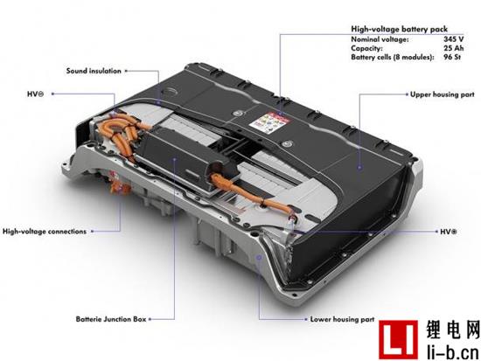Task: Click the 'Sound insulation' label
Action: (x=94, y=71)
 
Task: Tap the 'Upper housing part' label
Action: (x=442, y=94)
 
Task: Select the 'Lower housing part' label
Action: (x=342, y=319)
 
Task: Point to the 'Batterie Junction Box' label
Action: (x=111, y=319)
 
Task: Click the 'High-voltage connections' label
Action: (x=45, y=232)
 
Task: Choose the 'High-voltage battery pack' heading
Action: (x=399, y=29)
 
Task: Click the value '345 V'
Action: (x=453, y=39)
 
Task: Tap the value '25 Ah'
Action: (x=453, y=48)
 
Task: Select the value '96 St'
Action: (x=452, y=57)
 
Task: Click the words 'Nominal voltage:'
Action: (x=380, y=39)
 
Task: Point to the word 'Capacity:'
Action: (x=367, y=48)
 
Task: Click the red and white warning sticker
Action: (x=269, y=122)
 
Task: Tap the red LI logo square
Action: (x=398, y=339)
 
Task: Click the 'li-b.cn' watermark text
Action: (x=453, y=351)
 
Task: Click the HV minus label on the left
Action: (x=35, y=94)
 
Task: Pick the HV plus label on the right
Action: (x=449, y=232)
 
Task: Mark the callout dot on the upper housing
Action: (x=359, y=168)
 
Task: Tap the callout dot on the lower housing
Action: (x=259, y=257)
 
